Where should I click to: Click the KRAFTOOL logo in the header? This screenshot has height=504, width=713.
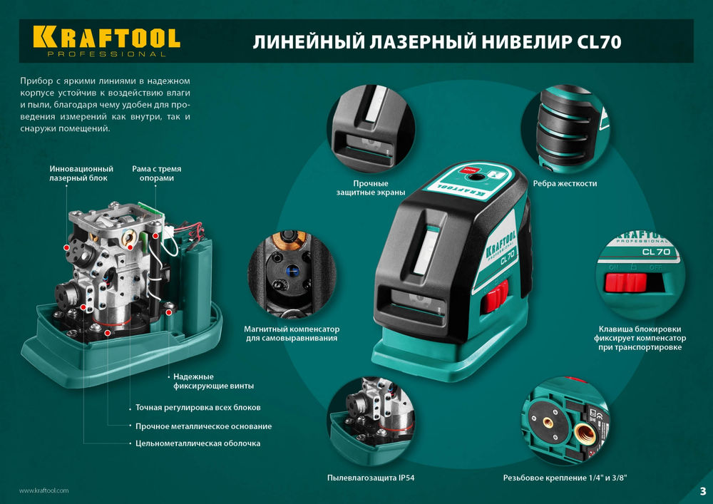click(x=106, y=37)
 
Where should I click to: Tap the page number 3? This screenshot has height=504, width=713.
click(x=702, y=490)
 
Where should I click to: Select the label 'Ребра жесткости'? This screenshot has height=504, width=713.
click(x=569, y=183)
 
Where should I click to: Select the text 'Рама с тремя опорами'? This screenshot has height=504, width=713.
click(x=156, y=173)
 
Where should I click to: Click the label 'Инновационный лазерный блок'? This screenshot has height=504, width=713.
click(x=81, y=173)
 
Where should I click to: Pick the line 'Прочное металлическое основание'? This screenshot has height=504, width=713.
click(x=203, y=426)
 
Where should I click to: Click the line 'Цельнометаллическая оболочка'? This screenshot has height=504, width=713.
click(x=198, y=443)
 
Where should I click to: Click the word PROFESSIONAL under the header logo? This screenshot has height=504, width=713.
click(x=106, y=54)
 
